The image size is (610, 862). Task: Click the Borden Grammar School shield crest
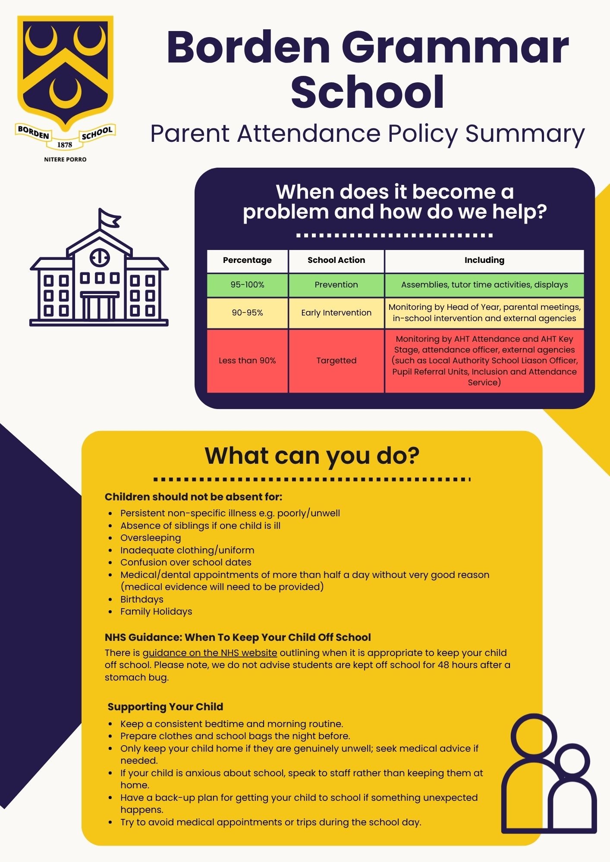click(x=65, y=71)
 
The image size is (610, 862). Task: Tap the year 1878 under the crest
click(x=65, y=145)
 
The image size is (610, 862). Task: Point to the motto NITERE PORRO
click(x=65, y=159)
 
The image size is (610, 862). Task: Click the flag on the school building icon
click(x=109, y=218)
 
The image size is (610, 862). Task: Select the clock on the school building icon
click(x=100, y=257)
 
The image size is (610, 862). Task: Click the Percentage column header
click(x=247, y=260)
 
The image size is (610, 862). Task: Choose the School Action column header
click(x=336, y=260)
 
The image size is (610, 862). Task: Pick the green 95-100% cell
click(x=247, y=285)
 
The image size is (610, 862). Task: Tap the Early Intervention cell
click(x=336, y=313)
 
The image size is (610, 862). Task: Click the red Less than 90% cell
click(x=247, y=361)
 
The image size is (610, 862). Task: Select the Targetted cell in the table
click(x=336, y=361)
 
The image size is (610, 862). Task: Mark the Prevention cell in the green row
click(x=336, y=285)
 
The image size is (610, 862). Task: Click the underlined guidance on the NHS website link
click(x=210, y=653)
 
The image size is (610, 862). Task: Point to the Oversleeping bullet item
click(x=151, y=538)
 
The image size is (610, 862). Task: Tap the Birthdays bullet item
click(x=142, y=600)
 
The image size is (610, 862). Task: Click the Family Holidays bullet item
click(x=156, y=612)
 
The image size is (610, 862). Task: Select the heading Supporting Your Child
click(x=165, y=707)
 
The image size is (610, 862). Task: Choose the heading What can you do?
click(x=312, y=456)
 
